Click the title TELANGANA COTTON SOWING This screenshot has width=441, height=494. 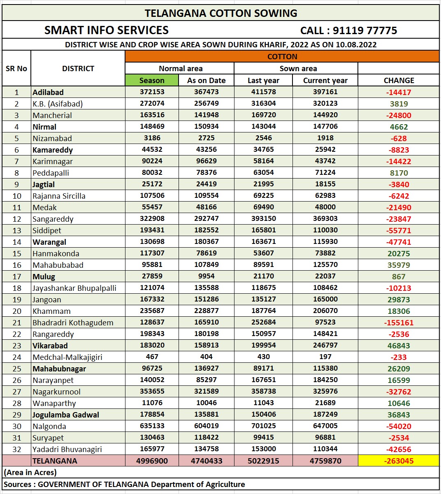tap(221, 13)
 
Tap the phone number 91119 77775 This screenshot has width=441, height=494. tap(364, 30)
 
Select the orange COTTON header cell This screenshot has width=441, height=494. tap(282, 56)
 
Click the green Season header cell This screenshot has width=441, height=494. tap(152, 80)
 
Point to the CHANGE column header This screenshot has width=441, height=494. tap(399, 80)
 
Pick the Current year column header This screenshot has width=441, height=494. tap(325, 80)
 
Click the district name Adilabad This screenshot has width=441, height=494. tap(48, 92)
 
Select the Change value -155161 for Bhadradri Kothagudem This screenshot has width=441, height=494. tap(399, 322)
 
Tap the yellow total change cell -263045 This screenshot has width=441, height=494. tap(399, 461)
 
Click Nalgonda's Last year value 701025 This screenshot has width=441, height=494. tap(263, 426)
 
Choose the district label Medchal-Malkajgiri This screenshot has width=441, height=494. tap(67, 357)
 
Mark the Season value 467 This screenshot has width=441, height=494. tap(152, 357)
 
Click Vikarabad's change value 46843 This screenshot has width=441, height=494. tap(399, 346)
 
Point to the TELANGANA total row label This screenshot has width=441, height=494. tap(55, 461)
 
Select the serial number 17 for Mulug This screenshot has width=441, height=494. tap(16, 276)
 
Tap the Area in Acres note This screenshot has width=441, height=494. tap(30, 472)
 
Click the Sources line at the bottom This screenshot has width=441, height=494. tap(124, 484)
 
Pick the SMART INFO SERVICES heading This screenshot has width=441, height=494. tap(107, 30)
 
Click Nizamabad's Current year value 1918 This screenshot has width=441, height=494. tap(325, 138)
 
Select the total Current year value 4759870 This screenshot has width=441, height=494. tap(325, 461)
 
